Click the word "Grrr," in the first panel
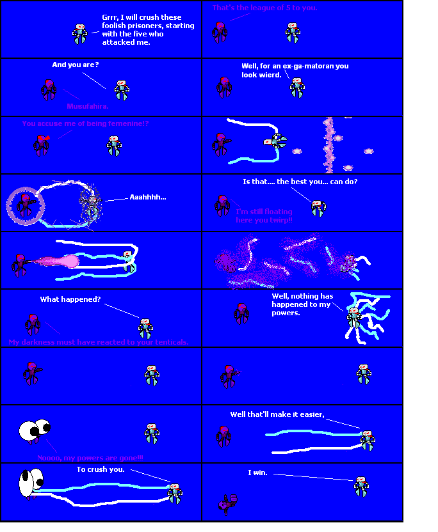coord(112,17)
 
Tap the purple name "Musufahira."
coord(88,106)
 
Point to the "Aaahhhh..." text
coord(147,197)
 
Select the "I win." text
coord(257,473)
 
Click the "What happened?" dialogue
coord(70,299)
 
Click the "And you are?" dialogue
coord(75,65)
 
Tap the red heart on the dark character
coord(42,139)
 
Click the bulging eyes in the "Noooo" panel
coord(35,430)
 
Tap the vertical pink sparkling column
coord(329,146)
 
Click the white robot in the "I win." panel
coord(361,487)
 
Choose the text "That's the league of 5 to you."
coord(264,8)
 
